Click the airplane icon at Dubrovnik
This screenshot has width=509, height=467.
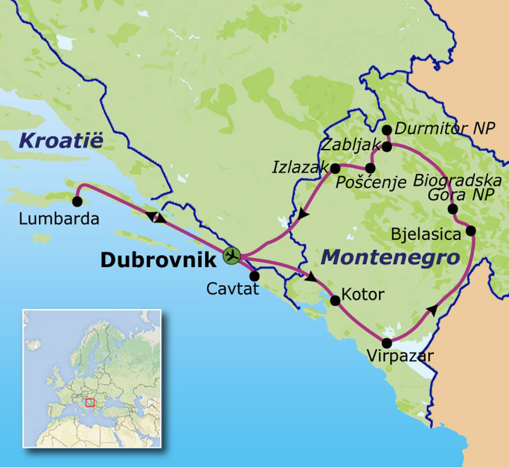(232, 255)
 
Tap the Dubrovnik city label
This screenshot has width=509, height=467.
(158, 260)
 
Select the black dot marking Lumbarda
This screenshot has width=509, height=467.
(77, 201)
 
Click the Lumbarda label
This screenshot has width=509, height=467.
(59, 219)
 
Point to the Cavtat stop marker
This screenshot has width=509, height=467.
(254, 276)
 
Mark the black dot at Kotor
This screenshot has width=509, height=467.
(336, 301)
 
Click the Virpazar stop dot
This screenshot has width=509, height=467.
(387, 343)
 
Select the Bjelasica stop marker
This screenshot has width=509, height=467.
(470, 231)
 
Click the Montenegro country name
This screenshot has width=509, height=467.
(390, 258)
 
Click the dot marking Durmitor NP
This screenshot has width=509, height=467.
(387, 130)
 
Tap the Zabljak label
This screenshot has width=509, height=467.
(350, 145)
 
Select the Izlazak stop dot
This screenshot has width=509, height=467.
(336, 168)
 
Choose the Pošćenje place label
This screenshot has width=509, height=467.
(371, 183)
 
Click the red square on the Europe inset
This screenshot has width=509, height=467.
(90, 402)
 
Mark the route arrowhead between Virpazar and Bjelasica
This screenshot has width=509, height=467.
(433, 310)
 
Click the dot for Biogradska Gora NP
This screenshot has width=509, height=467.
(452, 209)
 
